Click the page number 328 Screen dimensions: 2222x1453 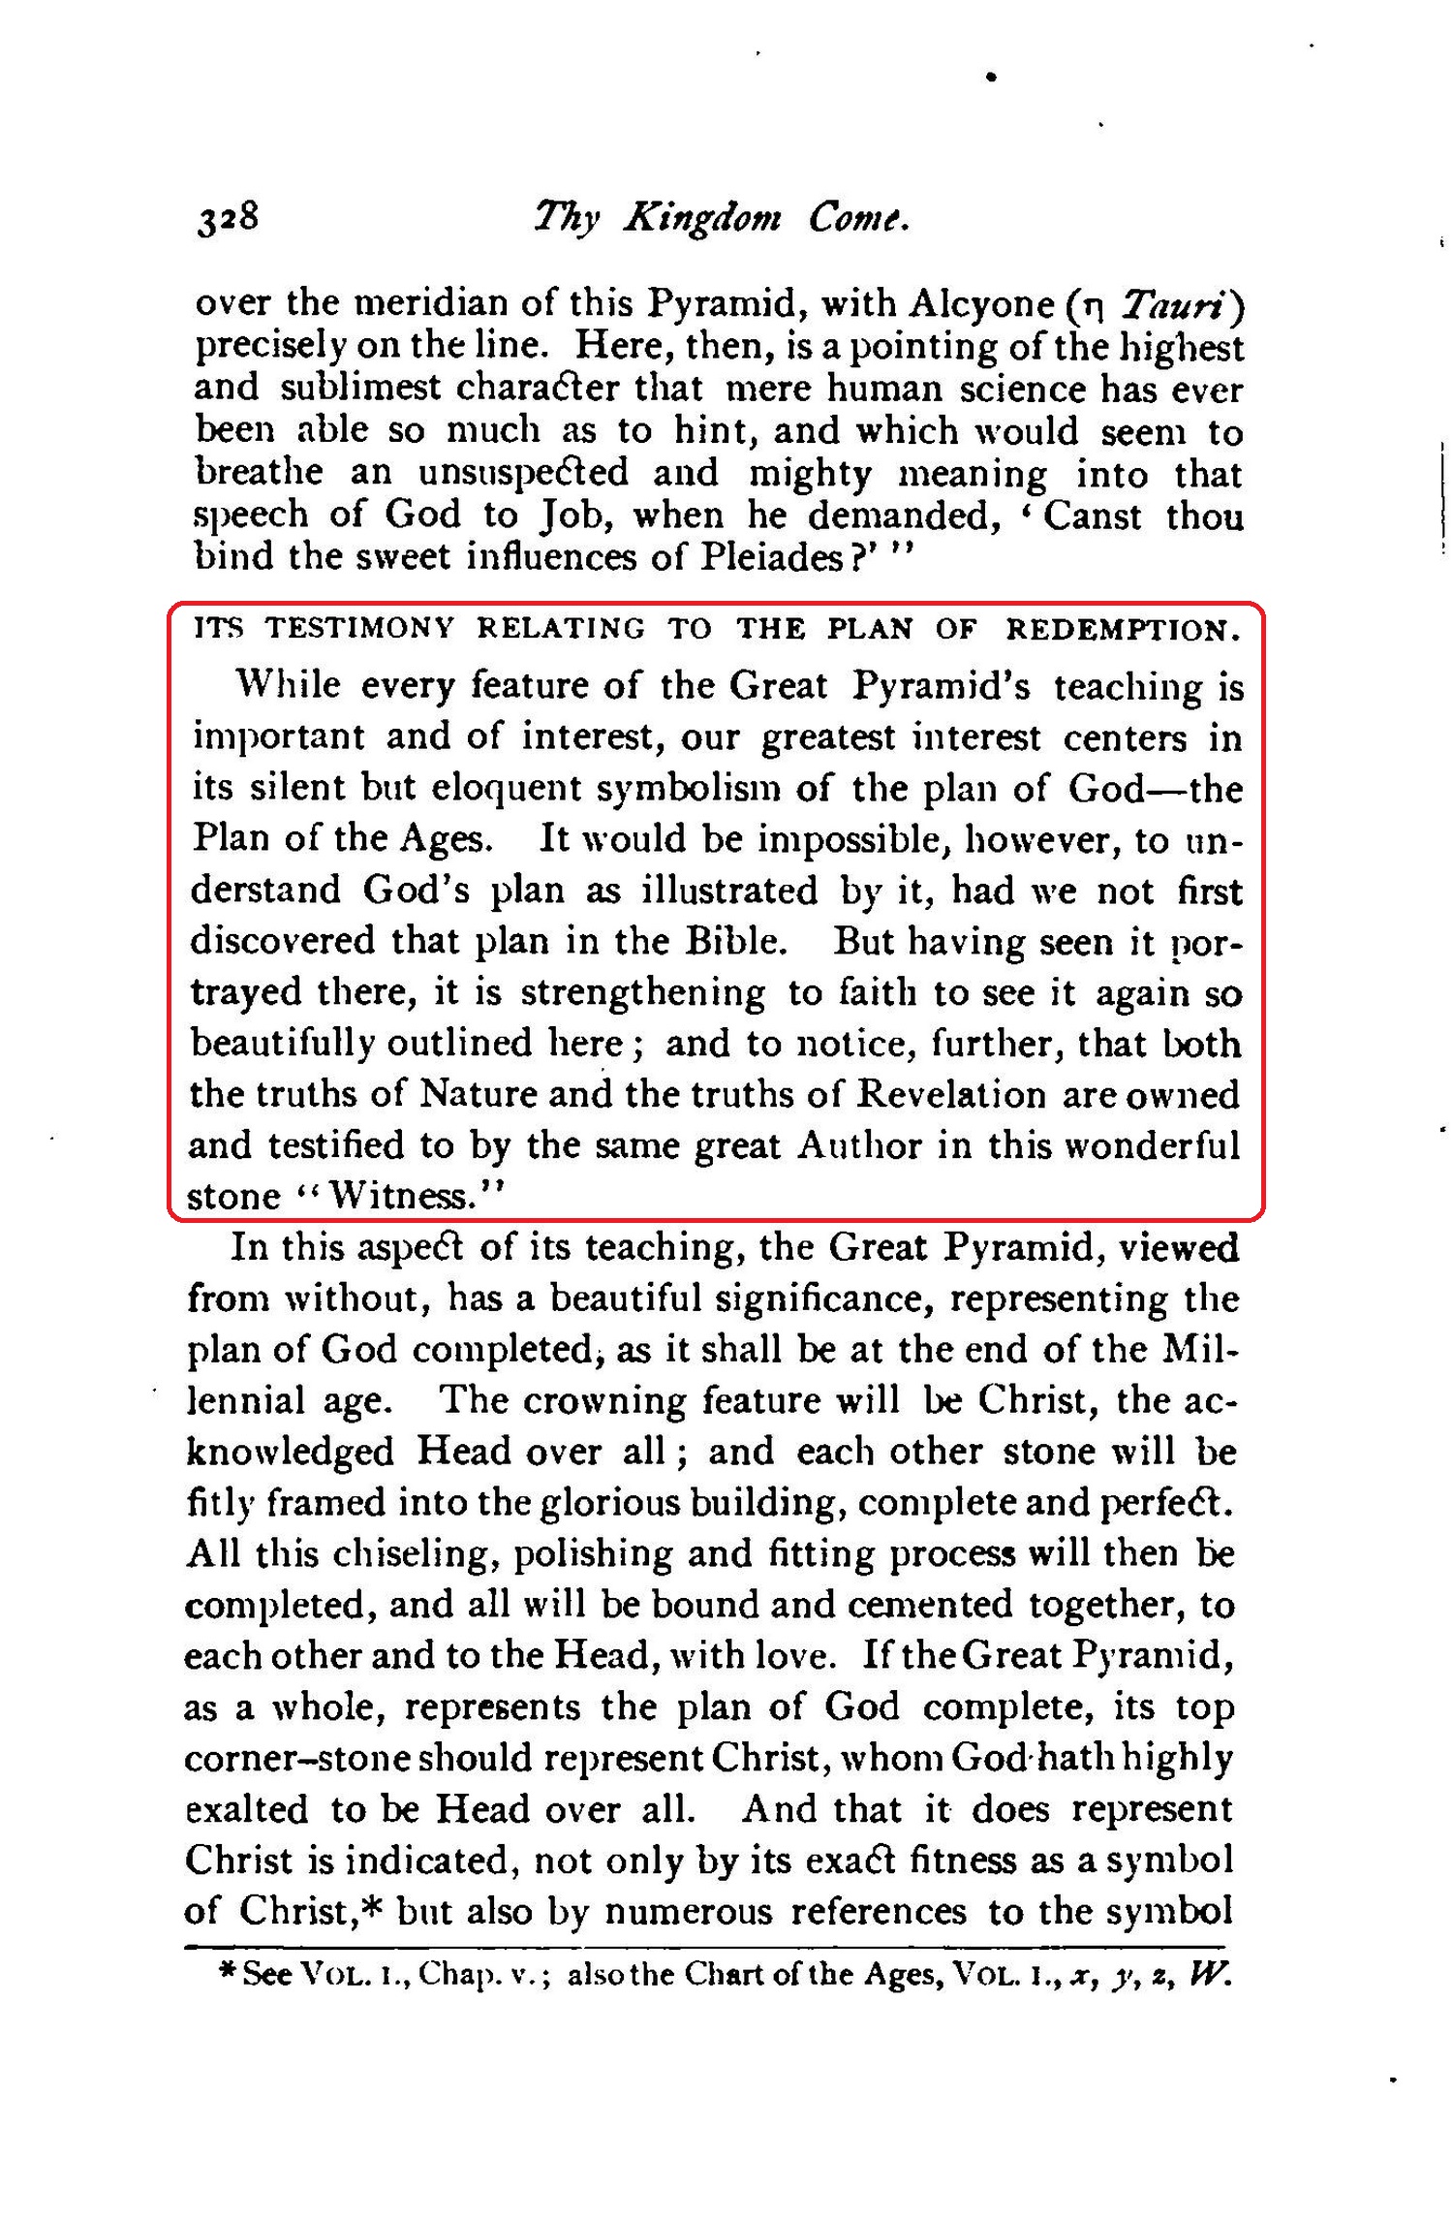coord(228,218)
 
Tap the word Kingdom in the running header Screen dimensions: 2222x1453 coord(702,218)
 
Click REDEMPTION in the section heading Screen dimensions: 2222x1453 coord(1122,631)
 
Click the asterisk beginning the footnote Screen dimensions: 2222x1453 coord(228,1971)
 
